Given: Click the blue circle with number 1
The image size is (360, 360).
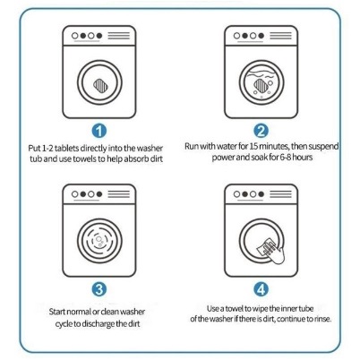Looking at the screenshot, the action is (x=99, y=131).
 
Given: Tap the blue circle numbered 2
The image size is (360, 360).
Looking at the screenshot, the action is (x=261, y=131).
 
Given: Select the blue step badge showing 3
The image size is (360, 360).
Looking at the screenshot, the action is (x=99, y=289).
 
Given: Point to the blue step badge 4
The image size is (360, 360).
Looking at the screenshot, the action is (x=261, y=289).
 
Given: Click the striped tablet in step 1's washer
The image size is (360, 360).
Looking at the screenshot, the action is (x=100, y=85).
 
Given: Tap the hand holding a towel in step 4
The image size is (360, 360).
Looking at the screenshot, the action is (x=271, y=251).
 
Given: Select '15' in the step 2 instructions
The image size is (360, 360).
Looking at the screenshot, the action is (x=253, y=146).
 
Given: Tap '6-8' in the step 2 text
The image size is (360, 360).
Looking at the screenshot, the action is (x=286, y=157).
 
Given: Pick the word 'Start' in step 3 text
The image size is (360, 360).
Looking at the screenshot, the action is (x=57, y=312).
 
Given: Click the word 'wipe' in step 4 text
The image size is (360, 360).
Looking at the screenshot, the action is (x=260, y=309).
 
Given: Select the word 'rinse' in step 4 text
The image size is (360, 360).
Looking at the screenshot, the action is (x=323, y=319).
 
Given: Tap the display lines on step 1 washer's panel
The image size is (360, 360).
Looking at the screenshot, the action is (x=119, y=36).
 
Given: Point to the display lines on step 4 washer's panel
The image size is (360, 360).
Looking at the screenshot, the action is (x=280, y=194).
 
